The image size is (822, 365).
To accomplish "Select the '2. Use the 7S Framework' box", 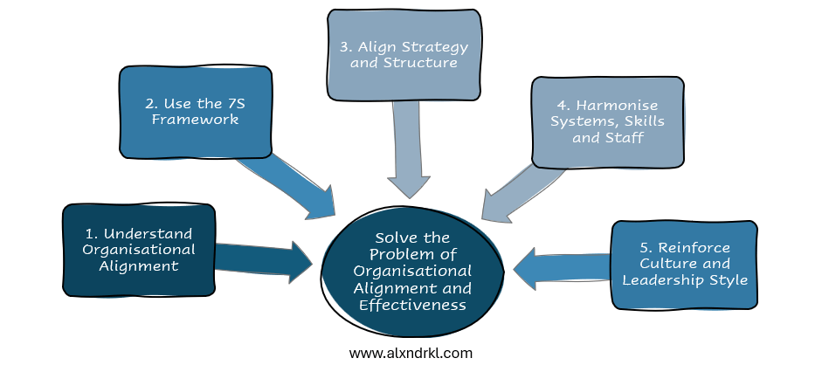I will click(x=196, y=112).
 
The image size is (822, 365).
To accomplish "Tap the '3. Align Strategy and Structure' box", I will click(x=404, y=53).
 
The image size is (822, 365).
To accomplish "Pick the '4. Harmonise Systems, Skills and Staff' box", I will click(x=607, y=122).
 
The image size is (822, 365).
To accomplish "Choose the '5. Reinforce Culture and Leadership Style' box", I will click(x=682, y=265).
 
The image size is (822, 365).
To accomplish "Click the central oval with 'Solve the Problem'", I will click(x=412, y=272).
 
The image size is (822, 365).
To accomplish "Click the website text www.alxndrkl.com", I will click(x=411, y=353).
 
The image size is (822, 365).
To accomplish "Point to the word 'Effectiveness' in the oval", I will click(x=412, y=305).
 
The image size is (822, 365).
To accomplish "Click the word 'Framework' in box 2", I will click(x=195, y=120).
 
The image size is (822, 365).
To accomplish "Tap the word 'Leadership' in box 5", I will click(x=664, y=280).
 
